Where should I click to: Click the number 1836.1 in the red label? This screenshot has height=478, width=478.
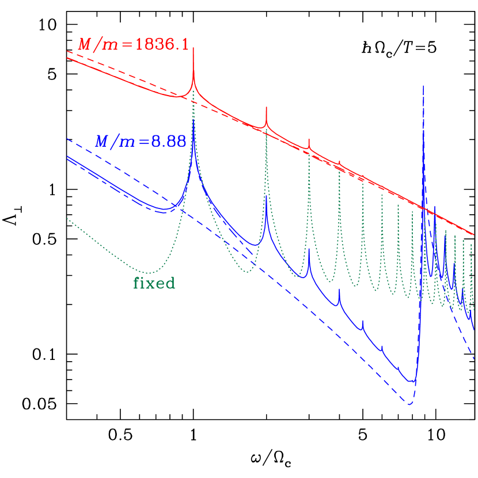[x=162, y=45]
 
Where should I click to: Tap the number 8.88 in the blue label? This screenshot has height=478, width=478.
[x=169, y=141]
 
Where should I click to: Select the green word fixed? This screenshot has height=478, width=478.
[x=154, y=283]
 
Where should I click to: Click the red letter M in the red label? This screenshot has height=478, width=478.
[x=85, y=45]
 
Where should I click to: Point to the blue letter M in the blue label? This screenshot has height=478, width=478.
[x=103, y=141]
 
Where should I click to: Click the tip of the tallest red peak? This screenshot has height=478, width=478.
[x=193, y=48]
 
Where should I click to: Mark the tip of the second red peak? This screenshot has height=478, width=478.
[x=266, y=107]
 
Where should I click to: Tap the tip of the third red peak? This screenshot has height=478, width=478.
[x=309, y=139]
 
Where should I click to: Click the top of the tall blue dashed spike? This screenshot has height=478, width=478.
[x=424, y=86]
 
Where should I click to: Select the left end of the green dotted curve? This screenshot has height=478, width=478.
[x=67, y=218]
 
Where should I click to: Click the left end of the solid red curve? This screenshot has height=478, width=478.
[x=67, y=58]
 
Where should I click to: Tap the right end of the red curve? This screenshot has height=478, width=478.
[x=473, y=235]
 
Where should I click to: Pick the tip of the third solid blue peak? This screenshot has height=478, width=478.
[x=309, y=249]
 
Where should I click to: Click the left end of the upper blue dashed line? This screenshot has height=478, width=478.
[x=67, y=138]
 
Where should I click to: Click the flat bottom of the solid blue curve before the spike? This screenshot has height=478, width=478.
[x=410, y=381]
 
